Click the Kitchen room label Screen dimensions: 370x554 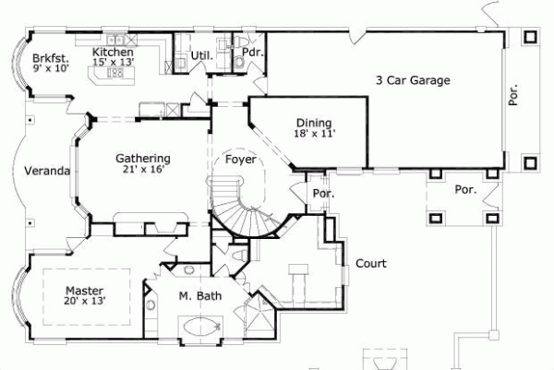pyautogui.click(x=113, y=54)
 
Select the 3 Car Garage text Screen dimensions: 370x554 pyautogui.click(x=413, y=81)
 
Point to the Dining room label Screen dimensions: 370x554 pyautogui.click(x=314, y=123)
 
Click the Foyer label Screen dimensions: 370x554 pyautogui.click(x=242, y=160)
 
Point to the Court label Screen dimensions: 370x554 pyautogui.click(x=371, y=264)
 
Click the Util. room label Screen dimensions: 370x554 pyautogui.click(x=202, y=55)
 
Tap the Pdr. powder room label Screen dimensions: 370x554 pyautogui.click(x=253, y=53)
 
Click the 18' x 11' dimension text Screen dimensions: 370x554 pyautogui.click(x=314, y=134)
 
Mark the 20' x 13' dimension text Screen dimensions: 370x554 pyautogui.click(x=84, y=300)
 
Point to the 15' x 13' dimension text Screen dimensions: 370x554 pyautogui.click(x=113, y=65)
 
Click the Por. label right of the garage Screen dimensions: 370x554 pyautogui.click(x=514, y=94)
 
